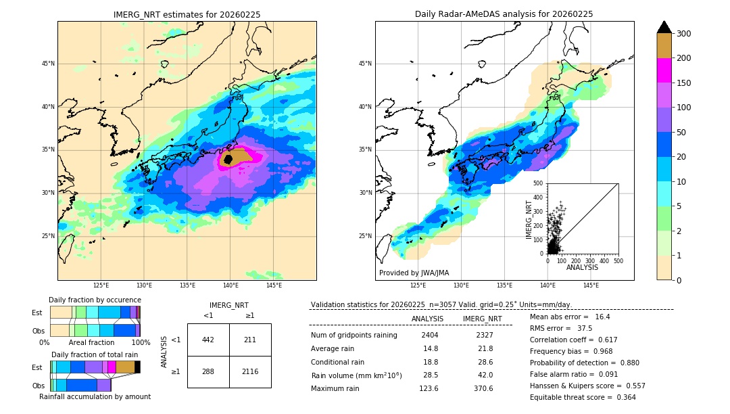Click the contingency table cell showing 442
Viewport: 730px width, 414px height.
208,340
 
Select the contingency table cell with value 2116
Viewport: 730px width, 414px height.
250,371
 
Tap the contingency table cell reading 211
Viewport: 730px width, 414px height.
250,340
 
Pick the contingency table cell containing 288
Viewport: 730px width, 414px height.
208,371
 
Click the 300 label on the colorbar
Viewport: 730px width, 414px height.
685,34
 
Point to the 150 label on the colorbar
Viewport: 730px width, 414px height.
685,83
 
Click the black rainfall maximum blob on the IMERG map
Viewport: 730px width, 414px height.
228,160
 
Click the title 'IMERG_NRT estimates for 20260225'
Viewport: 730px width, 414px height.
187,14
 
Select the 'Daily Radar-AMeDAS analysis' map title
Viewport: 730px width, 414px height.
504,14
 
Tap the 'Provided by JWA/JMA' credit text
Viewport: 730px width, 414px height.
414,273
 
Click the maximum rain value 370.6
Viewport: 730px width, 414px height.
482,388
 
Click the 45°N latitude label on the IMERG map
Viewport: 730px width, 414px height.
48,64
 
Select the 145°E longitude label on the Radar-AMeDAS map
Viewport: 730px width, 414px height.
591,285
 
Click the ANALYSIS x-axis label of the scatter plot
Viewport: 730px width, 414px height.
582,267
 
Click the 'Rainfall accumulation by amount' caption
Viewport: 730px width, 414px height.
95,396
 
